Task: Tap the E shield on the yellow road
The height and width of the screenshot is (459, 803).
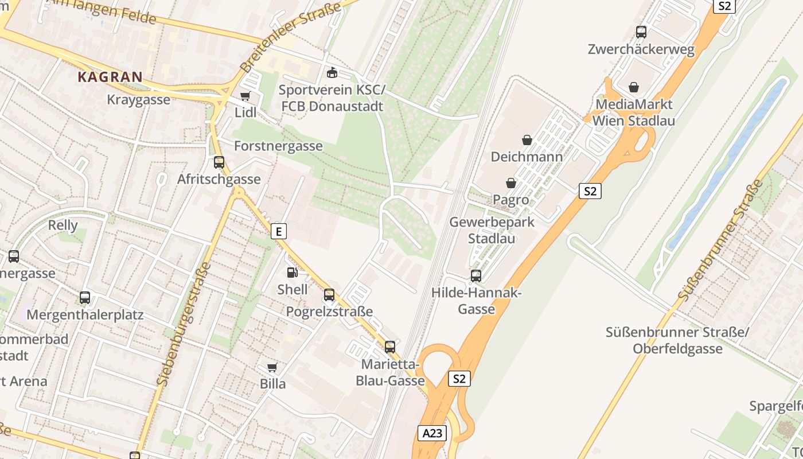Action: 279,231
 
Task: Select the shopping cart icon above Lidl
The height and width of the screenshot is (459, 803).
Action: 245,96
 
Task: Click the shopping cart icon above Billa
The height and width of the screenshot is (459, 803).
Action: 272,367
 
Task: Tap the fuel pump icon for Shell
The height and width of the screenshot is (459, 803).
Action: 292,273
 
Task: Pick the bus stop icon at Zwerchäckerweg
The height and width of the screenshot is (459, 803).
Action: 641,32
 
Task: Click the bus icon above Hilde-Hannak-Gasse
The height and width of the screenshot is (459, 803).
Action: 475,276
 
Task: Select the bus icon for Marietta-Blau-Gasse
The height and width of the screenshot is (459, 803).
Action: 390,347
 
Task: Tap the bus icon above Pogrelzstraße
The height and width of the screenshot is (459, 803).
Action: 329,295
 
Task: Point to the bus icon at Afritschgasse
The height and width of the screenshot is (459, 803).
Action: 219,162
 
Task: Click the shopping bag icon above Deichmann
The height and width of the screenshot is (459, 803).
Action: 527,139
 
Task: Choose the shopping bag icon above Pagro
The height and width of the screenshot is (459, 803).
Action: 510,183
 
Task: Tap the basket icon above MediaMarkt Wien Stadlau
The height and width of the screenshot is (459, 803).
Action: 633,87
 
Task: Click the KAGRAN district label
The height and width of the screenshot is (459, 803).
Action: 110,77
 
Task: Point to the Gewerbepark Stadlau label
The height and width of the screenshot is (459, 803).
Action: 492,230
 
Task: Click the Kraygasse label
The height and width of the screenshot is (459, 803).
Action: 138,100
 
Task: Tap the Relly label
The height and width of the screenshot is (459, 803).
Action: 63,225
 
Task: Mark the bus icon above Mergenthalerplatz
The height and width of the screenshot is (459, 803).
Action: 85,298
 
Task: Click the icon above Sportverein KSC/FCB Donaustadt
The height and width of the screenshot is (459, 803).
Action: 332,73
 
